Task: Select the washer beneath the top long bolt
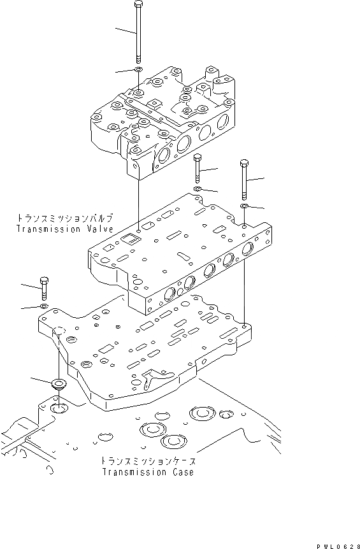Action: tap(138, 69)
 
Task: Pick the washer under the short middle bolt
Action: tap(198, 190)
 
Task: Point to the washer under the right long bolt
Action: tap(245, 206)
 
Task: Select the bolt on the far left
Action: tap(44, 289)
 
